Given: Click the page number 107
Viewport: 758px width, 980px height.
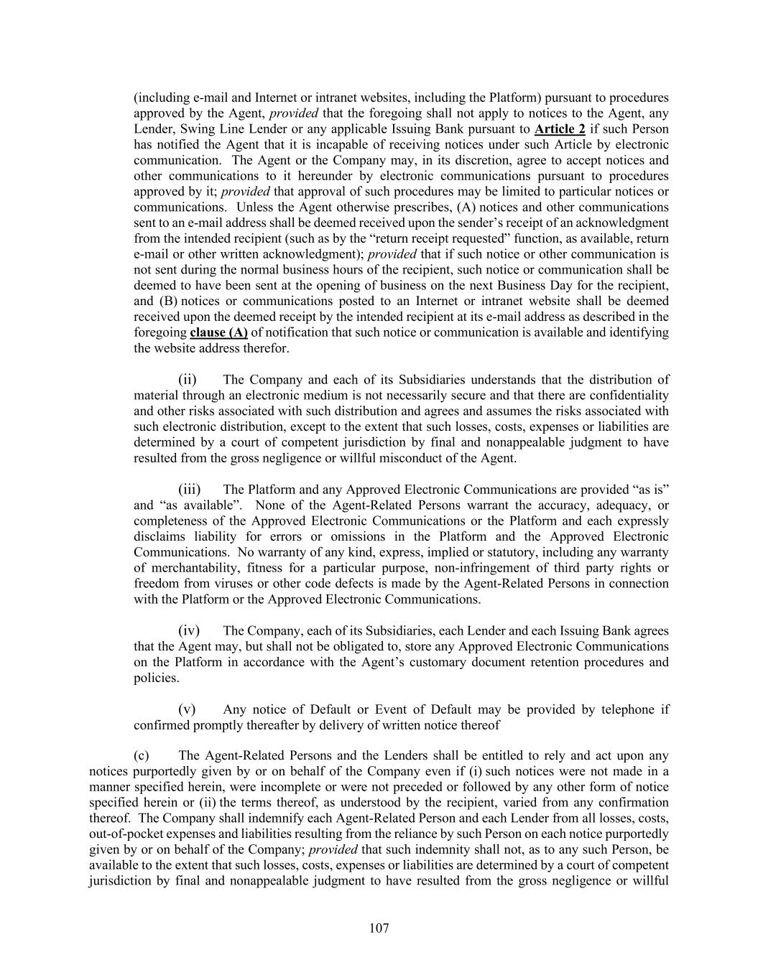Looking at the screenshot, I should click(379, 928).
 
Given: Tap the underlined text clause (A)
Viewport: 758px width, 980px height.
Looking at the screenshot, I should click(218, 332).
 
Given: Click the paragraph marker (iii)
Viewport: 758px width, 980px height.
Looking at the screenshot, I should click(189, 490).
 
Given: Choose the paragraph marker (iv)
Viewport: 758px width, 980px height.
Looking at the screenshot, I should click(189, 631).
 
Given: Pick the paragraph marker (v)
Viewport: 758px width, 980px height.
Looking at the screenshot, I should click(187, 709).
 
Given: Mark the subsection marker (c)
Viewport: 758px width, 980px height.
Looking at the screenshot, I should click(142, 755).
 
